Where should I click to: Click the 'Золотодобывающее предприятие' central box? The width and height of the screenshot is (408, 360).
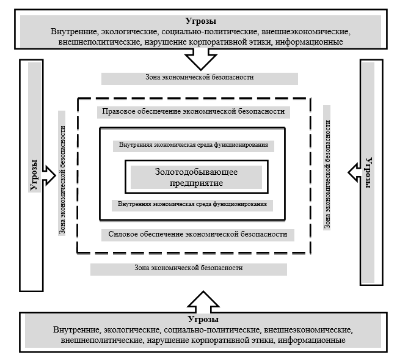[196, 177]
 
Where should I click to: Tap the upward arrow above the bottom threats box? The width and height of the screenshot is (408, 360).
[202, 300]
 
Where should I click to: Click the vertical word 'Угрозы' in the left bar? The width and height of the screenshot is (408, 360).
[35, 174]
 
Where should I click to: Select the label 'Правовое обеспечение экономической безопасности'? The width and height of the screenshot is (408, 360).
[194, 112]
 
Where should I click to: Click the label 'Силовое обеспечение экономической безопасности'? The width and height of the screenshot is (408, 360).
[197, 235]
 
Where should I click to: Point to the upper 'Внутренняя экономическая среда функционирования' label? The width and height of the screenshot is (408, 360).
[193, 146]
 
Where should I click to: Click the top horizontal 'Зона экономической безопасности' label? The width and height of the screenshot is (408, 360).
[199, 78]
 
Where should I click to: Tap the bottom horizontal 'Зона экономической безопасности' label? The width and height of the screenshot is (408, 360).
[188, 268]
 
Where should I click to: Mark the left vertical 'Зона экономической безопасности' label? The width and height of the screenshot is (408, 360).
[62, 174]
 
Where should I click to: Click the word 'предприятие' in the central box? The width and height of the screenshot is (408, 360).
[196, 183]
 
